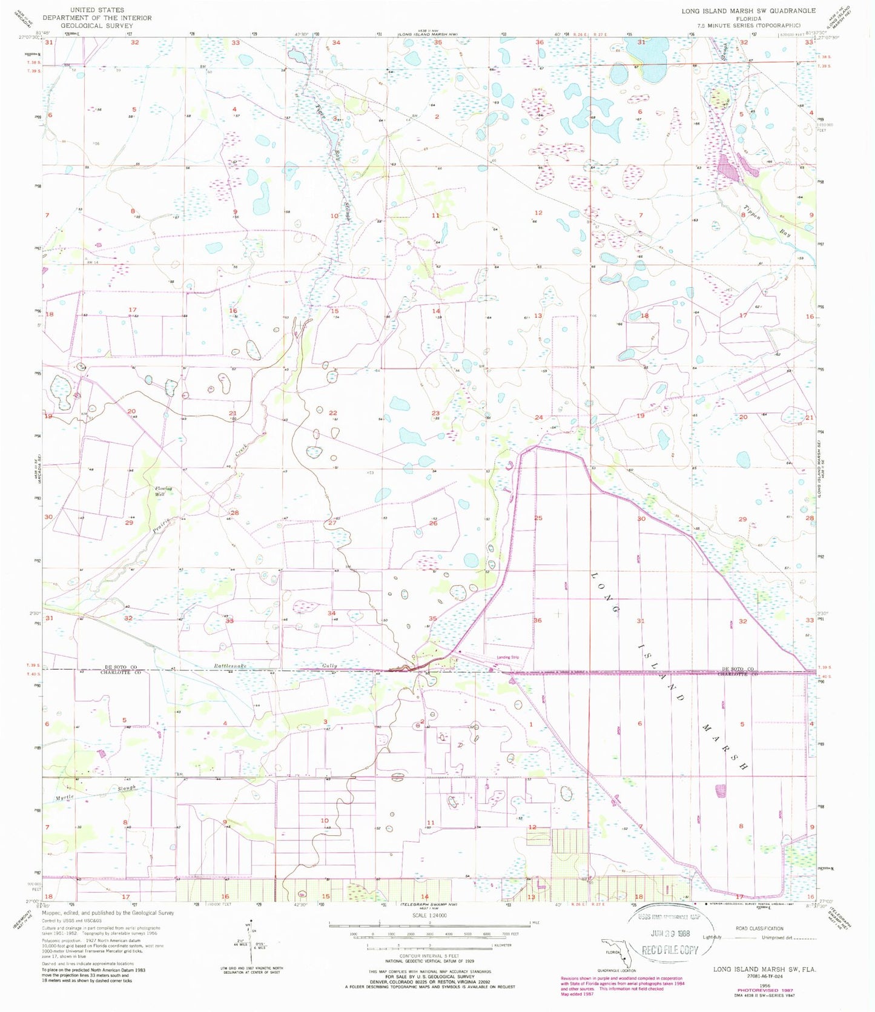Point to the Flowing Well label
pyautogui.click(x=163, y=491)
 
